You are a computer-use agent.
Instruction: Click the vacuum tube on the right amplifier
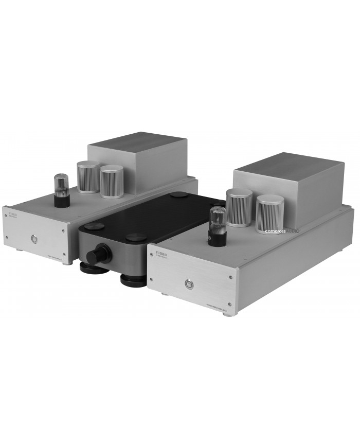click(214, 221)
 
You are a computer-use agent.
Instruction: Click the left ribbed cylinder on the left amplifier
click(88, 176)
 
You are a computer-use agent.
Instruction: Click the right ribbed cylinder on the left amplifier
click(112, 181)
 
